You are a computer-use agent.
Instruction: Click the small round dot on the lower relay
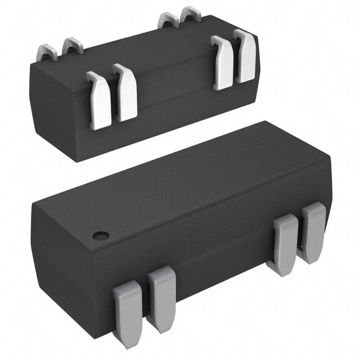[100, 235]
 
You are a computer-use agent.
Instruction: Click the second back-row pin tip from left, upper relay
[71, 45]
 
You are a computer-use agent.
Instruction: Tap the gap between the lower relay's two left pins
[145, 307]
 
